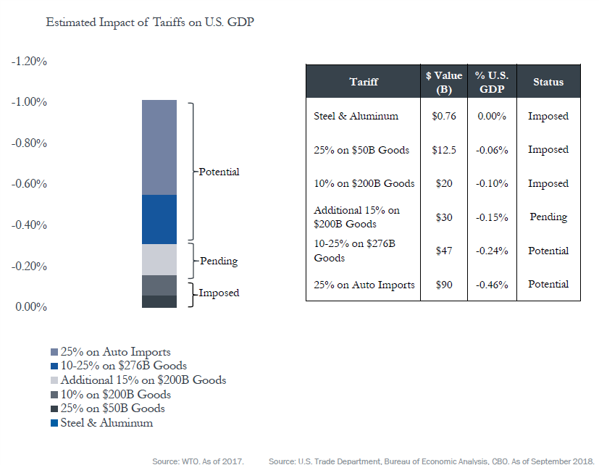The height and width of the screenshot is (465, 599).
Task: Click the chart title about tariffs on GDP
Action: point(149,22)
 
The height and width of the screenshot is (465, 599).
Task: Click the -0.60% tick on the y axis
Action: point(30,184)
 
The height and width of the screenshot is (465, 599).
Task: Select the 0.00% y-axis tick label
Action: point(30,307)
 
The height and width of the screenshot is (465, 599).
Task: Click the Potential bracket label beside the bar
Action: point(219,172)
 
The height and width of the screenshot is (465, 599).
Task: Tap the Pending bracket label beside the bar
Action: point(219,261)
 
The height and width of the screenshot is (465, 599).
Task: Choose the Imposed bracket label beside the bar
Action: point(219,293)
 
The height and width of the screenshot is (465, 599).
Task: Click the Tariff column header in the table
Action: point(364,82)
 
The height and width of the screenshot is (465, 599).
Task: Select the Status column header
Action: point(548,82)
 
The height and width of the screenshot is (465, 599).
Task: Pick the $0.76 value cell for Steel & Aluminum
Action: point(444,116)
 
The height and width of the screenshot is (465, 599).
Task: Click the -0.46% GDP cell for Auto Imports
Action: point(491,284)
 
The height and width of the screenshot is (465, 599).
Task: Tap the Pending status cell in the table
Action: point(548,217)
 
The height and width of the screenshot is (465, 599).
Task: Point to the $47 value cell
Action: point(444,251)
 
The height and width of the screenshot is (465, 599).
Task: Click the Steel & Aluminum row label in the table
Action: point(356,116)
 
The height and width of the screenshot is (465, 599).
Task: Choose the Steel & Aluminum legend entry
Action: point(106,422)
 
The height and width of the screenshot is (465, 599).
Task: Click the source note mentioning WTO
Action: point(198,460)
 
